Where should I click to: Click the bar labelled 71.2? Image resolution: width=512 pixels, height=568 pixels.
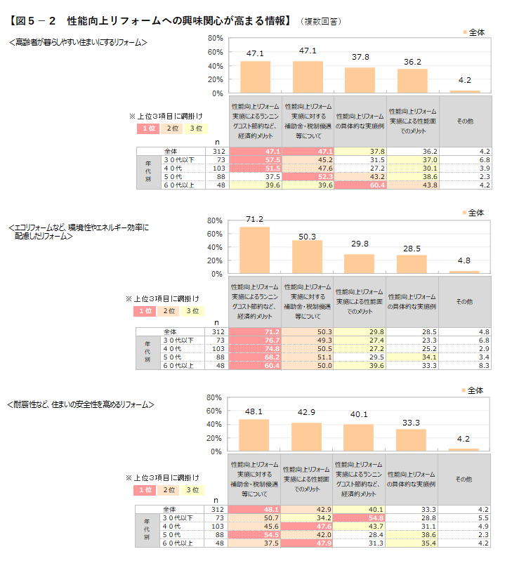pyautogui.click(x=254, y=250)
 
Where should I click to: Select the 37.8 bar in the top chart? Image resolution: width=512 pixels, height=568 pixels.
pyautogui.click(x=360, y=80)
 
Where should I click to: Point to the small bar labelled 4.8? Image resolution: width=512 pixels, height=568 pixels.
pyautogui.click(x=464, y=272)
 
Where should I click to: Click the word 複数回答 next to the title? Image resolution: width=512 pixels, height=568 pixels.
pyautogui.click(x=322, y=22)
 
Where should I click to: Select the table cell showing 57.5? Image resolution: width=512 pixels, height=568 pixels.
pyautogui.click(x=256, y=160)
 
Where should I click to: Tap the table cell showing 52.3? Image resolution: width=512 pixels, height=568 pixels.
pyautogui.click(x=308, y=177)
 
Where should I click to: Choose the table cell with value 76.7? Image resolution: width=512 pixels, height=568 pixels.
pyautogui.click(x=256, y=340)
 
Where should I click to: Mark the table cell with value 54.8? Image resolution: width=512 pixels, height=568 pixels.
pyautogui.click(x=360, y=517)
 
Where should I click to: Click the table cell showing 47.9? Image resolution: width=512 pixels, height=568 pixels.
pyautogui.click(x=308, y=543)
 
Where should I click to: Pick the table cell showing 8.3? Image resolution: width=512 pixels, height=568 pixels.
pyautogui.click(x=464, y=365)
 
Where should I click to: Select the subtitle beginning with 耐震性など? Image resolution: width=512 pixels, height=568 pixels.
pyautogui.click(x=80, y=405)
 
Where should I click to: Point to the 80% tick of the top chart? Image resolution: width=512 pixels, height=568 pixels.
pyautogui.click(x=216, y=38)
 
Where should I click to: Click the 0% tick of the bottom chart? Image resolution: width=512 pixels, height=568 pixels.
pyautogui.click(x=217, y=451)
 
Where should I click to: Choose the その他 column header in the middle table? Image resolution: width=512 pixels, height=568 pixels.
pyautogui.click(x=464, y=301)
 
